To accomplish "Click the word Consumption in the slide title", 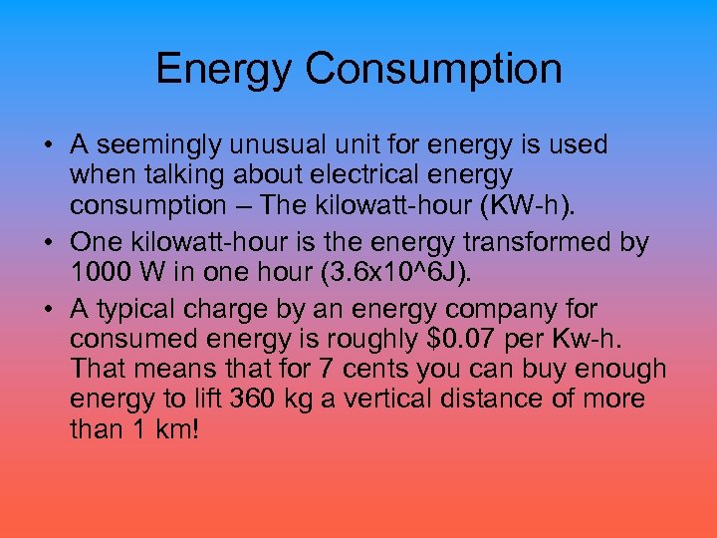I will coord(433,69).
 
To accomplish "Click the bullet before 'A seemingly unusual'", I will coord(48,145).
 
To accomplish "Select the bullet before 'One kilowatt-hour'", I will coord(48,242).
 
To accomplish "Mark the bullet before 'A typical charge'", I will coord(48,309).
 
